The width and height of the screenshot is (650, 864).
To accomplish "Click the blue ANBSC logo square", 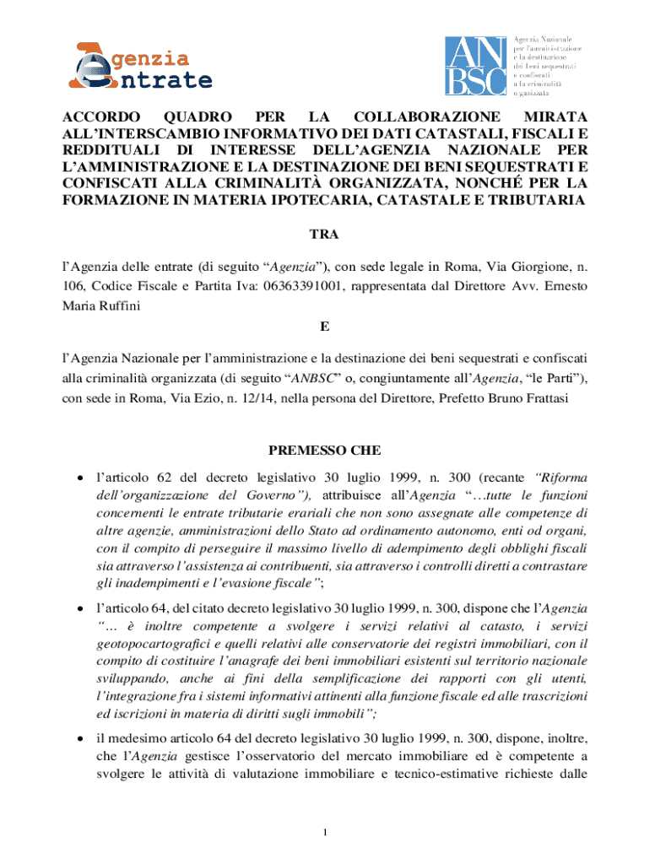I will tap(475, 65).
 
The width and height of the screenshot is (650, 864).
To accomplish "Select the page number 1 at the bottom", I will tap(324, 834).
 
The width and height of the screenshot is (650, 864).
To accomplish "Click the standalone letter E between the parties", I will tap(324, 326).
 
